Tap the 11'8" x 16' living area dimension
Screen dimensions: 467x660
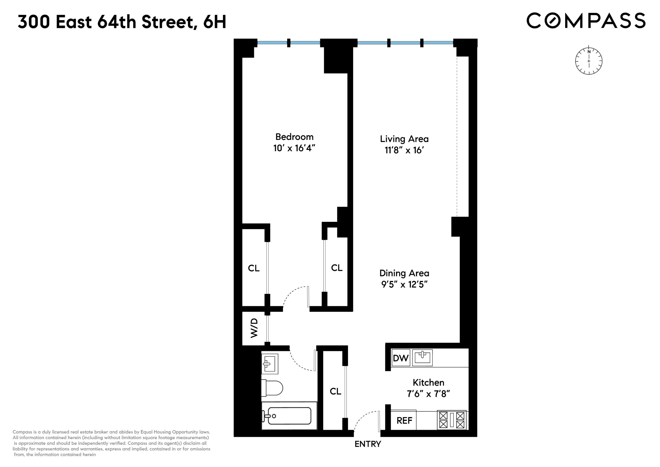[x=404, y=150]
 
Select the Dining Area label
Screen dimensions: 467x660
[x=404, y=273]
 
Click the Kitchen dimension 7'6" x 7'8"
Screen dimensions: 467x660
[x=428, y=394]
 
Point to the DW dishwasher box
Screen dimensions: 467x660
[x=400, y=358]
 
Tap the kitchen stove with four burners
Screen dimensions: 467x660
[x=452, y=420]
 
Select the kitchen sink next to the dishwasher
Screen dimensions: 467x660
[x=422, y=358]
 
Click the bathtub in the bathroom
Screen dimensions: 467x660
[x=289, y=416]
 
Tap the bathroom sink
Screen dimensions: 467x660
[x=270, y=364]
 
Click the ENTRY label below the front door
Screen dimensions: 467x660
[x=368, y=444]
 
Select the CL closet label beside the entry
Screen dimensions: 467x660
[x=335, y=391]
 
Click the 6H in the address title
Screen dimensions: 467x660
[x=215, y=22]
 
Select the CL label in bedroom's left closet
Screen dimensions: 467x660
[x=254, y=268]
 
